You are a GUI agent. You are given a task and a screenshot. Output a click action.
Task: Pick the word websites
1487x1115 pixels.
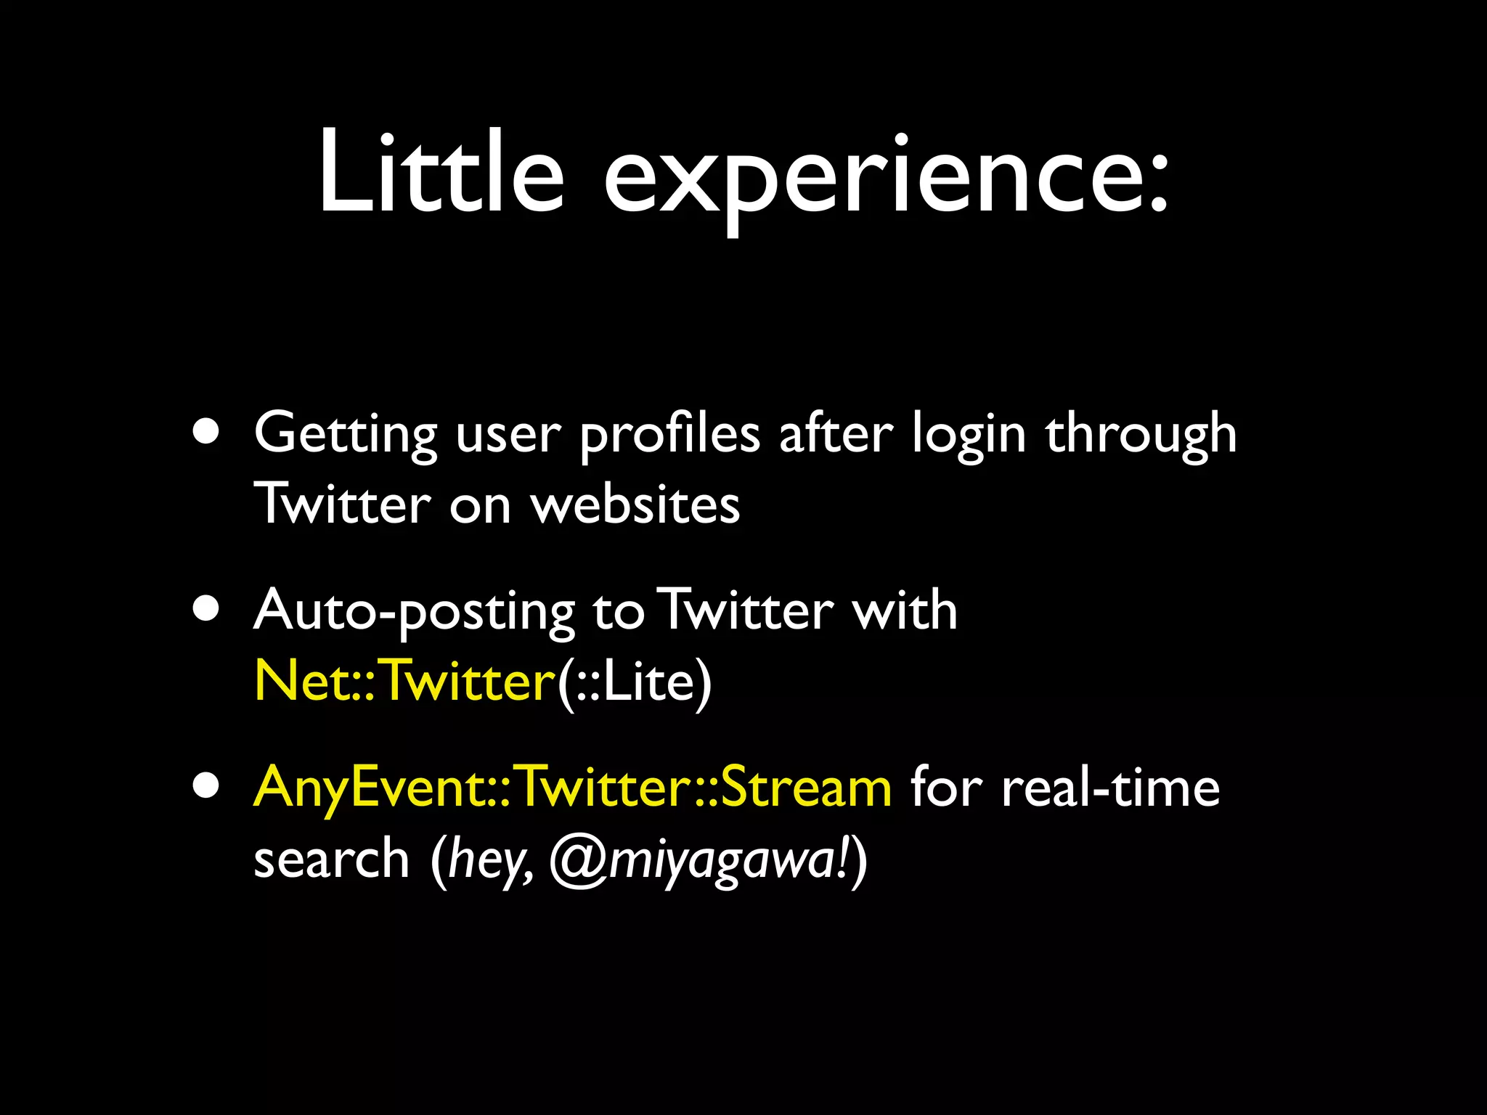point(635,505)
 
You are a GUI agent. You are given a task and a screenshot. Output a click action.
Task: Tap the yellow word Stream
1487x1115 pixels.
point(806,787)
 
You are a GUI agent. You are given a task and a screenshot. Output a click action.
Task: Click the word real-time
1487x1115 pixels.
point(1110,787)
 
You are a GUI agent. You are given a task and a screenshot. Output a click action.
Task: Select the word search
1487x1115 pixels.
point(332,858)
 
